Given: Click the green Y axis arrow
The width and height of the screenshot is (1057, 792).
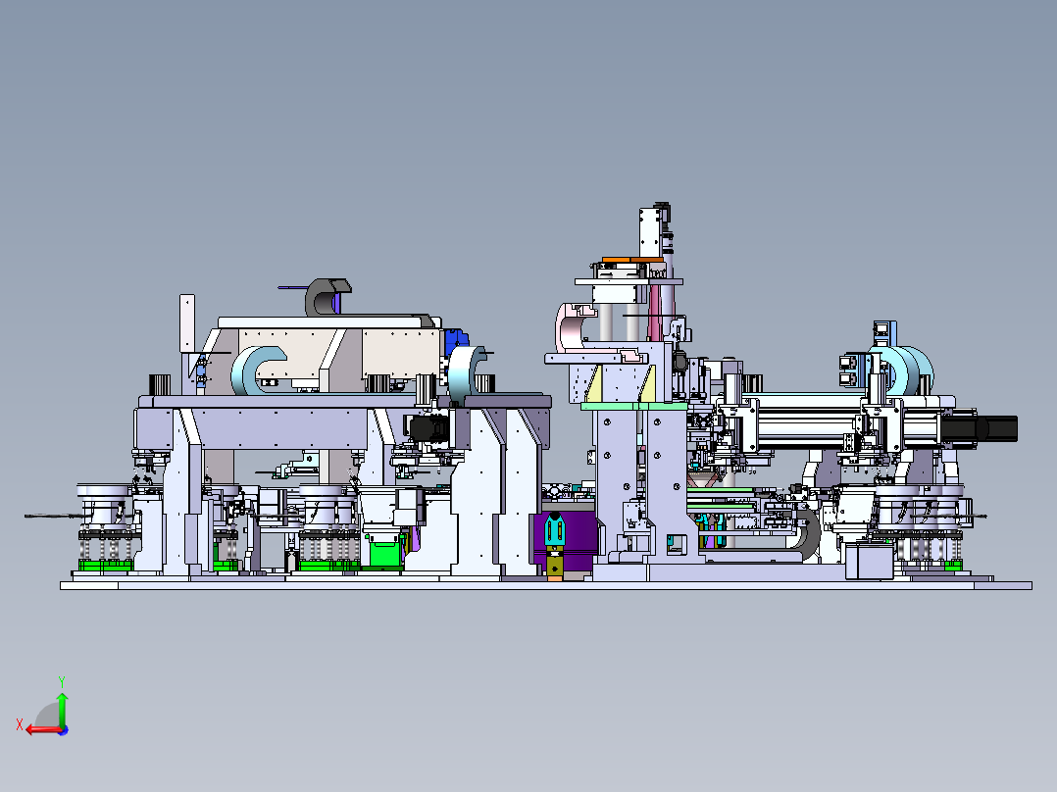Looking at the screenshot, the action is click(62, 709).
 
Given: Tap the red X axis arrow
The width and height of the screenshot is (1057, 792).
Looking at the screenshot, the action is click(42, 729).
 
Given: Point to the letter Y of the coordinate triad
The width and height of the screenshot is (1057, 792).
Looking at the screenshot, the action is click(62, 681).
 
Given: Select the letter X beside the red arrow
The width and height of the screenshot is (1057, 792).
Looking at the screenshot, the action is click(20, 724).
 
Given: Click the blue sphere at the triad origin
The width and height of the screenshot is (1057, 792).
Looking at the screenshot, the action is click(64, 730).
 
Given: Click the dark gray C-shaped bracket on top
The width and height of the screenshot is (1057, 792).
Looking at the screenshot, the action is click(324, 297).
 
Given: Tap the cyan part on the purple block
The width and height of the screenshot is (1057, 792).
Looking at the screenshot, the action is click(554, 528).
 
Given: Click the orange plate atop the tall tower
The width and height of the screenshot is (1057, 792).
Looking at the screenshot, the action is click(632, 260).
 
